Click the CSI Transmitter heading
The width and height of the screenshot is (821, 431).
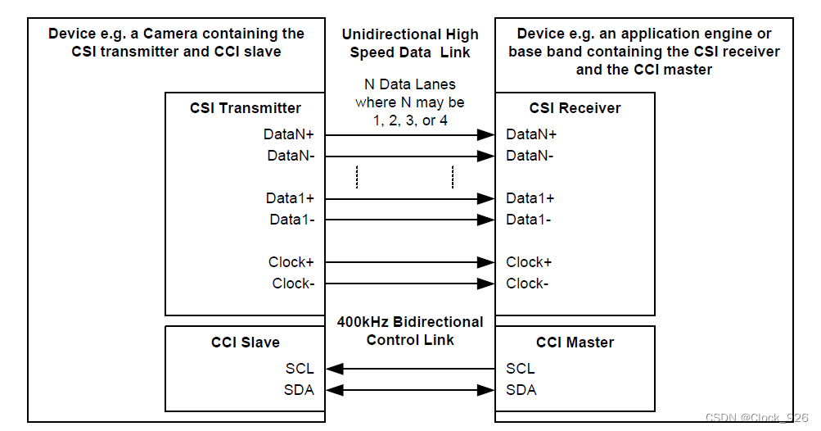[x=246, y=108]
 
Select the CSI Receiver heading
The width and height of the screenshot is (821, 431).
[x=575, y=108]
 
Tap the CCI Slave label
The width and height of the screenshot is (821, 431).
[x=245, y=343]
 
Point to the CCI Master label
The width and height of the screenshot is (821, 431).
[x=575, y=343]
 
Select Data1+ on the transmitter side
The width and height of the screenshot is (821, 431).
[x=290, y=198]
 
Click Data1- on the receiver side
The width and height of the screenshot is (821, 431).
[x=528, y=220]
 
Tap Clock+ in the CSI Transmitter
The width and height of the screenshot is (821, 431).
[x=291, y=262]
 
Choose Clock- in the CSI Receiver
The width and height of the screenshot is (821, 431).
[x=527, y=284]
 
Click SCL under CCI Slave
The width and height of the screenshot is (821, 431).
[x=300, y=369]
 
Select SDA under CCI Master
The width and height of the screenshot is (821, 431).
[x=521, y=390]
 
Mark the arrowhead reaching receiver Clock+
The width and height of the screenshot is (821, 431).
[x=486, y=262]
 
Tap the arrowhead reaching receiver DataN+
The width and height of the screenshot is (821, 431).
[x=486, y=134]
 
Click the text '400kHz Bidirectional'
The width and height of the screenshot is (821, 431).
[x=410, y=322]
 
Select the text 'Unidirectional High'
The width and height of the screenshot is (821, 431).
[x=410, y=34]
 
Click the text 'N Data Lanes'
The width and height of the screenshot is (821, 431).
[x=410, y=84]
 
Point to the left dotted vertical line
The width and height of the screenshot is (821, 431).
[x=357, y=176]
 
